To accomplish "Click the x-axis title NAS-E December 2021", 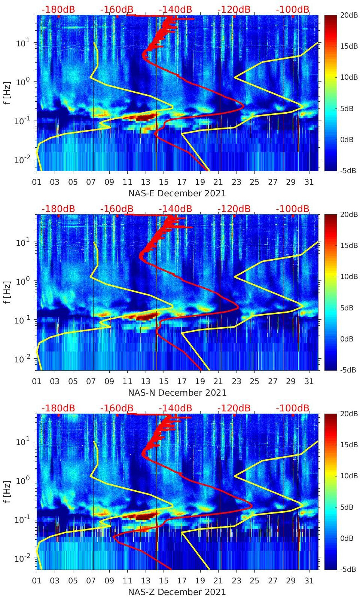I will (x=177, y=193).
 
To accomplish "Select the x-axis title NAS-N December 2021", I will (x=177, y=393).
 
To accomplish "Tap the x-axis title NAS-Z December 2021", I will (x=177, y=592).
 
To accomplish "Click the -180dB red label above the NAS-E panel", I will (x=58, y=9).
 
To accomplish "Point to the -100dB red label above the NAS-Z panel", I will (x=293, y=408).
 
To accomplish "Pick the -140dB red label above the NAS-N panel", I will (x=176, y=209).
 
